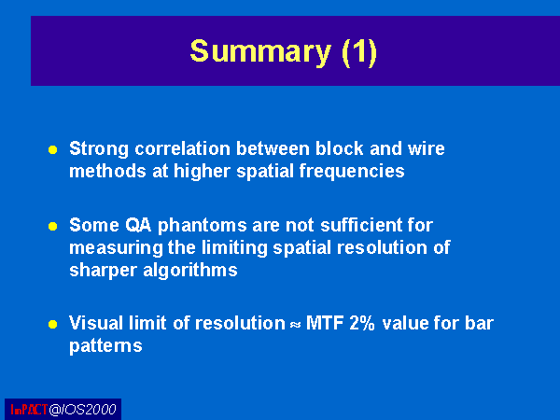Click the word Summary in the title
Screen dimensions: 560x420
pyautogui.click(x=260, y=51)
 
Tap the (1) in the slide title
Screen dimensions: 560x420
pyautogui.click(x=359, y=52)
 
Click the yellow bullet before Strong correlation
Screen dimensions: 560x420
pyautogui.click(x=53, y=149)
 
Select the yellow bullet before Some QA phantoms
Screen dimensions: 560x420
pyautogui.click(x=53, y=227)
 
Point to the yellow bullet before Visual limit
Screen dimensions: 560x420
pyautogui.click(x=53, y=324)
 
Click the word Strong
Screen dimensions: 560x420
pyautogui.click(x=99, y=149)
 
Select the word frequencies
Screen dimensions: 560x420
pyautogui.click(x=352, y=171)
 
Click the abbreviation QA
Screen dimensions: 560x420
pyautogui.click(x=138, y=225)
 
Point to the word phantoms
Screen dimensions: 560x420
pyautogui.click(x=203, y=226)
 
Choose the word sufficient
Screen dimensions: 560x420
pyautogui.click(x=363, y=225)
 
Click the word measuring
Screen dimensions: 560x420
pyautogui.click(x=116, y=248)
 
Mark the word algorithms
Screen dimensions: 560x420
pyautogui.click(x=190, y=270)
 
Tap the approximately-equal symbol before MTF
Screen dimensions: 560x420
pyautogui.click(x=295, y=325)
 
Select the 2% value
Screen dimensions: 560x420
pyautogui.click(x=362, y=323)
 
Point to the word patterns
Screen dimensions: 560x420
pyautogui.click(x=105, y=346)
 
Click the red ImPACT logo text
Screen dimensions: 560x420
pyautogui.click(x=29, y=410)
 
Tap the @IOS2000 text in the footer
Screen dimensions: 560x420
pyautogui.click(x=82, y=410)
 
